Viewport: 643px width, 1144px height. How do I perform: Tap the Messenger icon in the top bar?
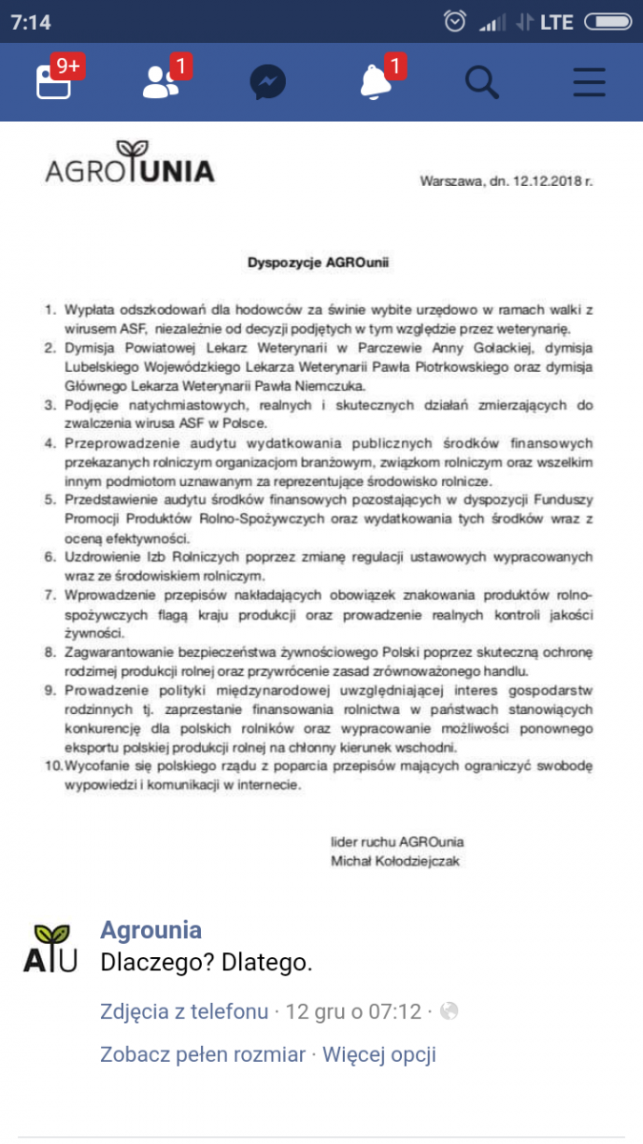pyautogui.click(x=268, y=83)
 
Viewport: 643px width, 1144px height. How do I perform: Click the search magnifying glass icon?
pyautogui.click(x=481, y=82)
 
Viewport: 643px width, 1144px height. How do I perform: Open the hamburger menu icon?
pyautogui.click(x=590, y=83)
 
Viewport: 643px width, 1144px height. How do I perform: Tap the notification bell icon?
pyautogui.click(x=375, y=83)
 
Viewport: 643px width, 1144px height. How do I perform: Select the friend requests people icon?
pyautogui.click(x=160, y=83)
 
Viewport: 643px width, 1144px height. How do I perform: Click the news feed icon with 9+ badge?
pyautogui.click(x=53, y=82)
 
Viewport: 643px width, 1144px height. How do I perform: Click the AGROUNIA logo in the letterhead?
pyautogui.click(x=130, y=164)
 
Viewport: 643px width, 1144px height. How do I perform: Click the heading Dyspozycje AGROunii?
pyautogui.click(x=320, y=260)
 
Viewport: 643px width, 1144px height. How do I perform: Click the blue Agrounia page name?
pyautogui.click(x=151, y=930)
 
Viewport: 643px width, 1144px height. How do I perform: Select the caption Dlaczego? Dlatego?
pyautogui.click(x=206, y=963)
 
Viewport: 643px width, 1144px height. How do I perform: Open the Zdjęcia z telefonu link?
pyautogui.click(x=184, y=1011)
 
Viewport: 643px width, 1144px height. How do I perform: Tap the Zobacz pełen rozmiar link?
pyautogui.click(x=203, y=1054)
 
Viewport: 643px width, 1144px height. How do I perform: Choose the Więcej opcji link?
pyautogui.click(x=379, y=1054)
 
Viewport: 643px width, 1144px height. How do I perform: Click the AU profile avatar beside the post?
pyautogui.click(x=50, y=947)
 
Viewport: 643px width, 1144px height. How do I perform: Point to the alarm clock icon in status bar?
pyautogui.click(x=456, y=21)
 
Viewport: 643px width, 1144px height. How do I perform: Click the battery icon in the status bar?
pyautogui.click(x=607, y=21)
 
